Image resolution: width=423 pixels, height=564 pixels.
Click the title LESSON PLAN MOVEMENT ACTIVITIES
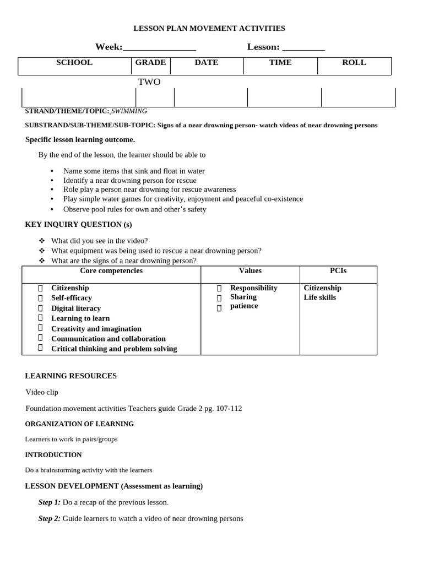coord(210,28)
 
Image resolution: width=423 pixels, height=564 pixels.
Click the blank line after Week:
coord(159,48)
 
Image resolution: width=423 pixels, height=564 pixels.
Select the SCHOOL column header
coord(74,63)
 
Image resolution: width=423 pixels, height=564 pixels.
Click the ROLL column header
coord(354,63)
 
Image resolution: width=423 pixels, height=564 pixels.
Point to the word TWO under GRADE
coord(149,82)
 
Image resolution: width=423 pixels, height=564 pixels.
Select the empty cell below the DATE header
coord(210,97)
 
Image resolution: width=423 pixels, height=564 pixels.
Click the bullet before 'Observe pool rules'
coord(52,209)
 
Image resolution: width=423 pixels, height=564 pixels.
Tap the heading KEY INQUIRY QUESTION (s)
coord(79,225)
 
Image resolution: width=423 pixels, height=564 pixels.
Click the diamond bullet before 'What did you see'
coord(41,241)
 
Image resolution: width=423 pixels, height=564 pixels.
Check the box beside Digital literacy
coord(40,308)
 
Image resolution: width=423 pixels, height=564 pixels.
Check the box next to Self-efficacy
coord(40,298)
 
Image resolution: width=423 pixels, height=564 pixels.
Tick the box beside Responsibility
coord(219,288)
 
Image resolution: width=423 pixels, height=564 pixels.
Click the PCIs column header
coord(338,271)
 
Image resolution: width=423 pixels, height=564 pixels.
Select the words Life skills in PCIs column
coord(319,297)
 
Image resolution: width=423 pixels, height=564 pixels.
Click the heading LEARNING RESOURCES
coord(71,376)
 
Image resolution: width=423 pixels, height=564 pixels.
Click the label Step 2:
coord(50,519)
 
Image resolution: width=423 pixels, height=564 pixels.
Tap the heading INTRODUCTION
coord(53,455)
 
